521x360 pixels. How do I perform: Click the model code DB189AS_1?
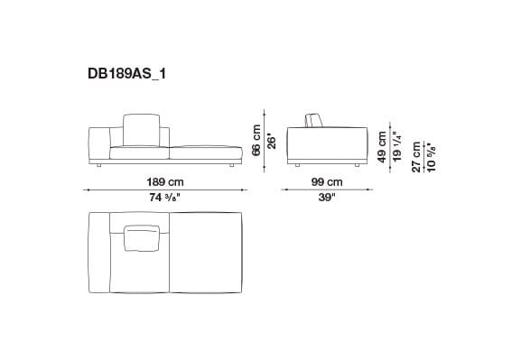click(x=127, y=77)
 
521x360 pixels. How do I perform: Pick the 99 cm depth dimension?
click(x=327, y=181)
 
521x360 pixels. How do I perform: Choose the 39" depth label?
click(x=327, y=198)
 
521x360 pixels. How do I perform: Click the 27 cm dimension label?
click(x=416, y=155)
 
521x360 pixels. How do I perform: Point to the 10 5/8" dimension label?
click(x=430, y=155)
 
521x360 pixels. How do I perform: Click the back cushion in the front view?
click(x=139, y=128)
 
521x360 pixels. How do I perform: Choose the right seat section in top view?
click(x=206, y=252)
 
